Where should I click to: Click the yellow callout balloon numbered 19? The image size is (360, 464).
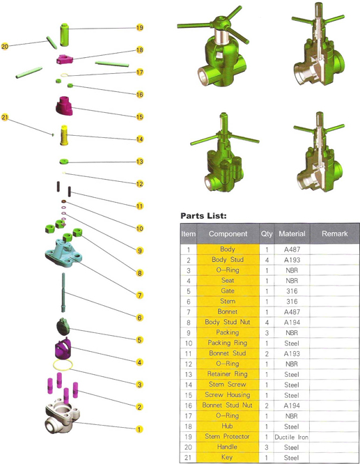coord(140,28)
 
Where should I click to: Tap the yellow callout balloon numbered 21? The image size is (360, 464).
coord(5,117)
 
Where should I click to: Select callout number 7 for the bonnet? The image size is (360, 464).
coord(140,295)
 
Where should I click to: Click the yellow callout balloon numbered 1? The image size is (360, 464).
coord(139,429)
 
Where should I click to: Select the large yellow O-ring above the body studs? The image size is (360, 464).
coord(63,365)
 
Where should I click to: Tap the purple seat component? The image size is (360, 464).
coord(63,349)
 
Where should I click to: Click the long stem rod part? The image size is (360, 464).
coord(63,293)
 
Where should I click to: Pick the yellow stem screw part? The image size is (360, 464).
coord(64,135)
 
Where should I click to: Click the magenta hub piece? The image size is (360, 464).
coord(64,59)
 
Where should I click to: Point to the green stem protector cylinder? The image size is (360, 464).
coord(64,35)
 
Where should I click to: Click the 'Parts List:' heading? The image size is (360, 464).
coord(203,216)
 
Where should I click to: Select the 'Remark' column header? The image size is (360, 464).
coord(334,233)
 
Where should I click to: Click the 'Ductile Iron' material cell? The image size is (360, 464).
coord(291,437)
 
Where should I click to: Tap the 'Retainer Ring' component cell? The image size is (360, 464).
coord(228,374)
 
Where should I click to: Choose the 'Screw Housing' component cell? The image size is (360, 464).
coord(228,395)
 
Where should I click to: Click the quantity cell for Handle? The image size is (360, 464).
coord(267,447)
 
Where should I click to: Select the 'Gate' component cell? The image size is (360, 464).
coord(228,291)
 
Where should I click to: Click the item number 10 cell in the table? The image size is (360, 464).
coord(189,343)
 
